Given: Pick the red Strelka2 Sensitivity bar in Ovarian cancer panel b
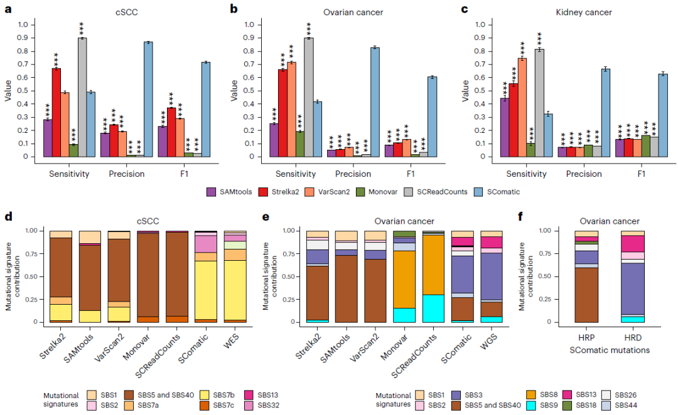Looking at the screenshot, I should point(282,113).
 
